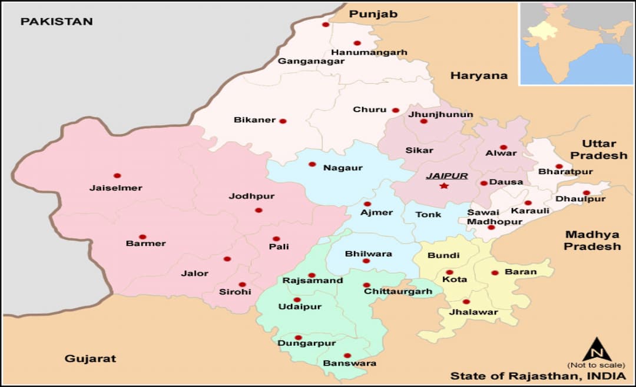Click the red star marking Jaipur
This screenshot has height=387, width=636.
pos(444,186)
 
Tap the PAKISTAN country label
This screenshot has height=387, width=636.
pos(57,22)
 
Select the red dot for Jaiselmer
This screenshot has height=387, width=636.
pos(117,175)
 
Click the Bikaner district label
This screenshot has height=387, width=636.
pos(254,120)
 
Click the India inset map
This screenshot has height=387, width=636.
pos(576,44)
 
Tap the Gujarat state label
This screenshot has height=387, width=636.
pos(90,358)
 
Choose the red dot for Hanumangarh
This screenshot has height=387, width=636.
pos(357,43)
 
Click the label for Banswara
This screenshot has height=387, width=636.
pos(350,363)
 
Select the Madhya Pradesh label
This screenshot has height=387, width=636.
pos(592,241)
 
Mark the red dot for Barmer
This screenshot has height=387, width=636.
pos(143,236)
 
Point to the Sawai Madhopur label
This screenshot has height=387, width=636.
pos(494,217)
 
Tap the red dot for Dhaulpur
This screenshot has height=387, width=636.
pos(586,193)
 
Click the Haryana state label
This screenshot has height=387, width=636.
pos(479,75)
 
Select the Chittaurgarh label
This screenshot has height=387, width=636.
pos(397,291)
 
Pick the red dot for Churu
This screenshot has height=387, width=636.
pos(395,110)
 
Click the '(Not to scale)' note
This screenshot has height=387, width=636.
pos(597,365)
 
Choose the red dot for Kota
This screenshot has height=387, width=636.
pos(449,272)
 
